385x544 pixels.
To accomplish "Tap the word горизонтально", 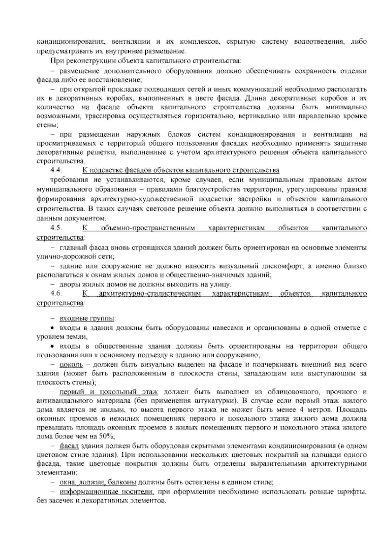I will [209, 116].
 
